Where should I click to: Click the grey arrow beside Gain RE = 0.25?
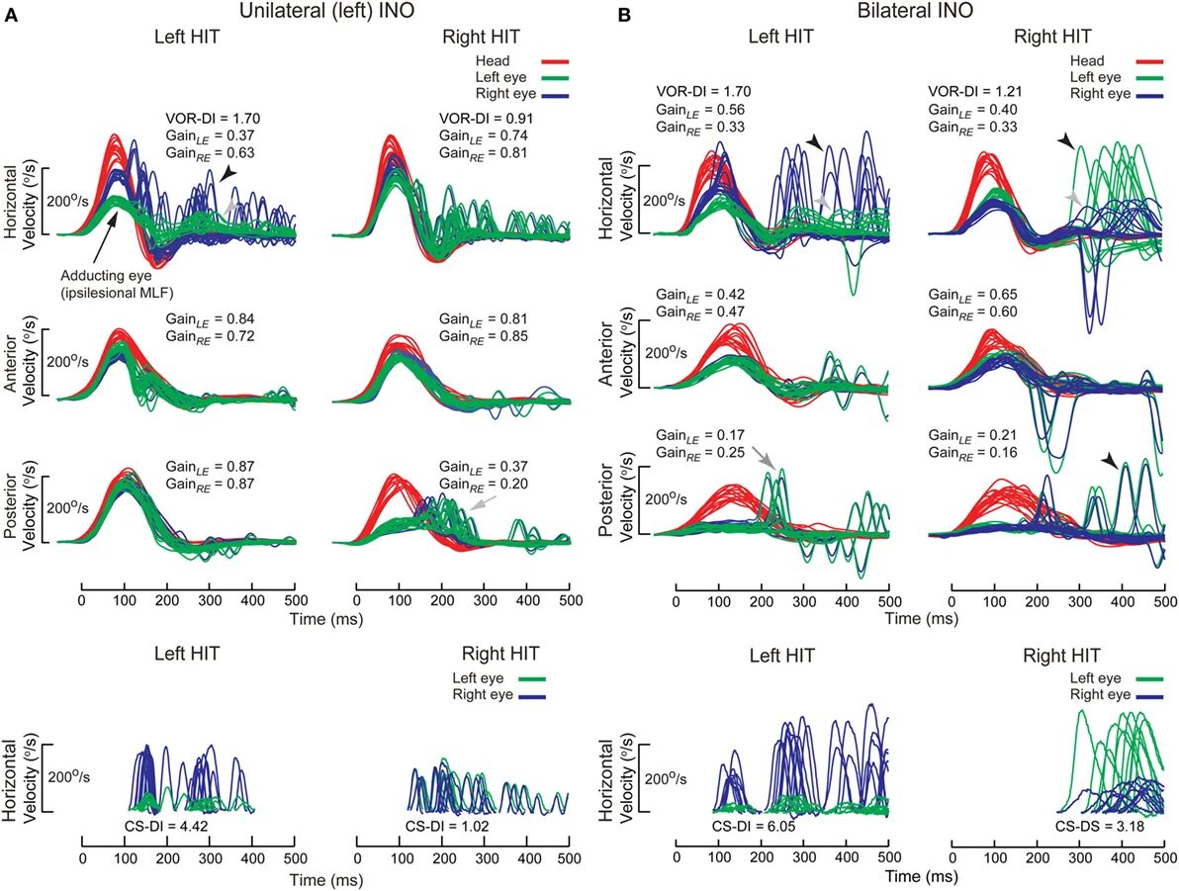pyautogui.click(x=762, y=456)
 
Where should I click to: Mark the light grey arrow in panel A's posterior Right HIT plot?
pyautogui.click(x=480, y=504)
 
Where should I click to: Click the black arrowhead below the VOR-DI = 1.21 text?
pyautogui.click(x=1066, y=144)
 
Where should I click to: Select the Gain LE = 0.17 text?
pyautogui.click(x=690, y=435)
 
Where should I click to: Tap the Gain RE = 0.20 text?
pyautogui.click(x=484, y=483)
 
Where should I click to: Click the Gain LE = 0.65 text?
pyautogui.click(x=969, y=295)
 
